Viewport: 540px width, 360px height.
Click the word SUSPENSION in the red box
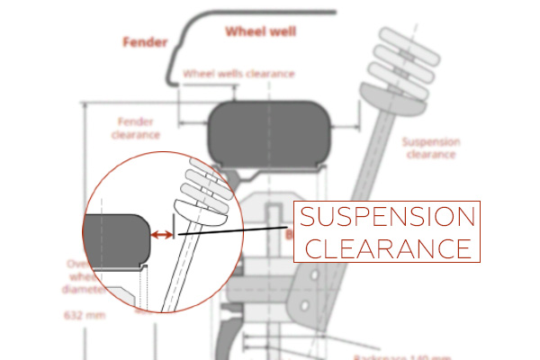click(x=386, y=218)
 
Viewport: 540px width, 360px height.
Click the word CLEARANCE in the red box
click(x=386, y=247)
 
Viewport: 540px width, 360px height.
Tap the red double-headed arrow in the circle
click(x=162, y=235)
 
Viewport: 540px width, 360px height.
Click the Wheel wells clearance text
click(x=238, y=73)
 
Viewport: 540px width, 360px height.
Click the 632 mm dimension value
click(x=83, y=316)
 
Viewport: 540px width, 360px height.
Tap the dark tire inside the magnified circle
click(x=115, y=238)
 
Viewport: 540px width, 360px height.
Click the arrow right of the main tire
click(x=346, y=125)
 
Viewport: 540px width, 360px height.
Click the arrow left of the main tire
click(x=193, y=125)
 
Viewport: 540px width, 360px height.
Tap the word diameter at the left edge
click(x=76, y=290)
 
